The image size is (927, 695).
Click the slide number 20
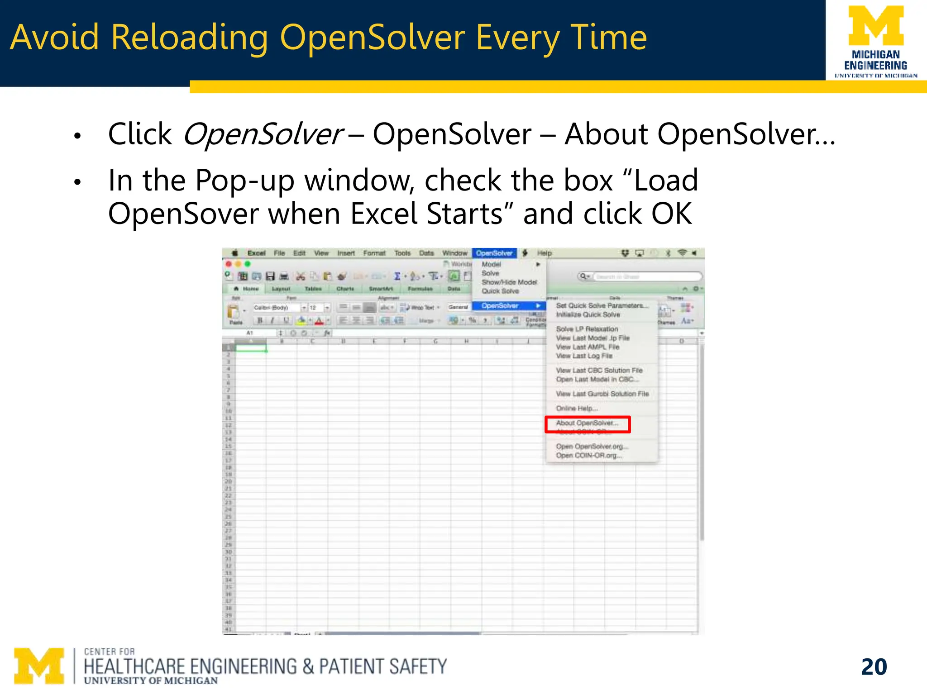coord(874,666)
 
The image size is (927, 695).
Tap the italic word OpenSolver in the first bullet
coord(263,134)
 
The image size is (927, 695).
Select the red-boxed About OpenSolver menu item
coord(587,424)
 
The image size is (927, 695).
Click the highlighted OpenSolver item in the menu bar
coord(494,253)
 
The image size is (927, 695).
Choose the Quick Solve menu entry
coord(500,291)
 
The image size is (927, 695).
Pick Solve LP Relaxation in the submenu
coord(587,329)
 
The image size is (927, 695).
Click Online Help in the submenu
coord(577,408)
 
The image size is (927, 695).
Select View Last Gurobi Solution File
coord(602,394)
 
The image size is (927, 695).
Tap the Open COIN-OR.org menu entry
coord(588,456)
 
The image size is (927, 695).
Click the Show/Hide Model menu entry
coord(509,282)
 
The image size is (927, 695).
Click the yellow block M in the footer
coord(39,666)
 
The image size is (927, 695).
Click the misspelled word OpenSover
coord(183,214)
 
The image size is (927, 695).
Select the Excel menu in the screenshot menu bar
coord(256,253)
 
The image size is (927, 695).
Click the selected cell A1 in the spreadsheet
coord(251,348)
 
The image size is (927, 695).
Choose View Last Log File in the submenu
coord(584,356)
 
